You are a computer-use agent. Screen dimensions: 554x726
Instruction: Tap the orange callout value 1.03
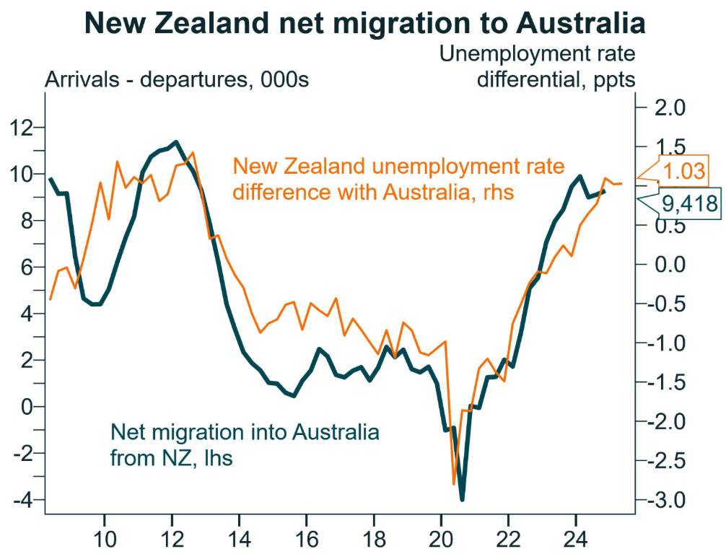pyautogui.click(x=684, y=172)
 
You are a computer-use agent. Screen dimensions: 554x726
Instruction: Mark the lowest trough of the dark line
pyautogui.click(x=462, y=498)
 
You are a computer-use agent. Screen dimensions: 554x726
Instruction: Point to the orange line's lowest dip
pyautogui.click(x=454, y=484)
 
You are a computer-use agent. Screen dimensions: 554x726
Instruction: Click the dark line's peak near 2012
pyautogui.click(x=176, y=142)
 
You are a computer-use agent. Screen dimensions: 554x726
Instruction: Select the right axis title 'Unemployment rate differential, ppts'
pyautogui.click(x=538, y=66)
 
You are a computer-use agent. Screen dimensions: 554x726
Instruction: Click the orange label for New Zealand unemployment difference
pyautogui.click(x=399, y=179)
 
